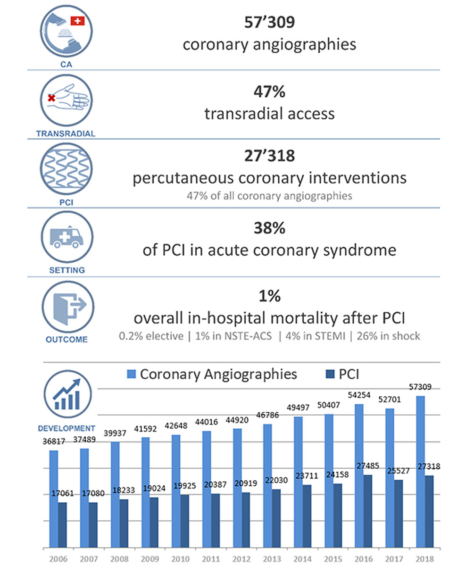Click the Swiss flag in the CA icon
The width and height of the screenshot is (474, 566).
coord(77,20)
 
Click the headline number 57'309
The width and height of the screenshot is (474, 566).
coord(269,22)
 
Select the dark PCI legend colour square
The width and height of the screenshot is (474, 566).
coord(328,374)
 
